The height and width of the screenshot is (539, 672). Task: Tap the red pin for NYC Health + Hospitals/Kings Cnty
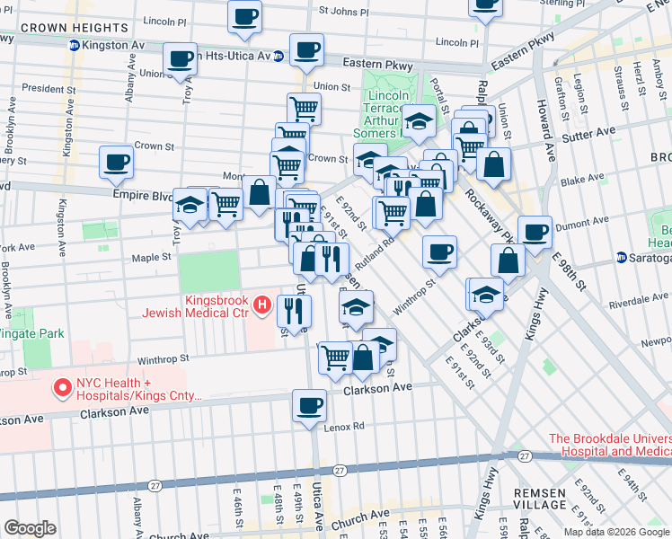click(x=63, y=388)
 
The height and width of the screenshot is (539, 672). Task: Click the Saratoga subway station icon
click(x=622, y=258)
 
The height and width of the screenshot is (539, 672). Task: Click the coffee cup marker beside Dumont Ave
click(x=535, y=231)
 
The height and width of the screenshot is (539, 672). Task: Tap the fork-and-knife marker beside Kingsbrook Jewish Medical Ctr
click(x=294, y=311)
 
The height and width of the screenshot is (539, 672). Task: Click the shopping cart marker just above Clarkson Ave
click(x=335, y=357)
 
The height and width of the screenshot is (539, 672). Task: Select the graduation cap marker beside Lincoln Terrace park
click(x=418, y=119)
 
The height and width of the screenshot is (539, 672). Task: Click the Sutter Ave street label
click(x=588, y=131)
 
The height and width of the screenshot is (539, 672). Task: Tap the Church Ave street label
click(x=360, y=518)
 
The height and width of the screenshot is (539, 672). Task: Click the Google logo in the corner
click(x=30, y=528)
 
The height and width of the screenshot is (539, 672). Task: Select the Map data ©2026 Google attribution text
click(x=615, y=531)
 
